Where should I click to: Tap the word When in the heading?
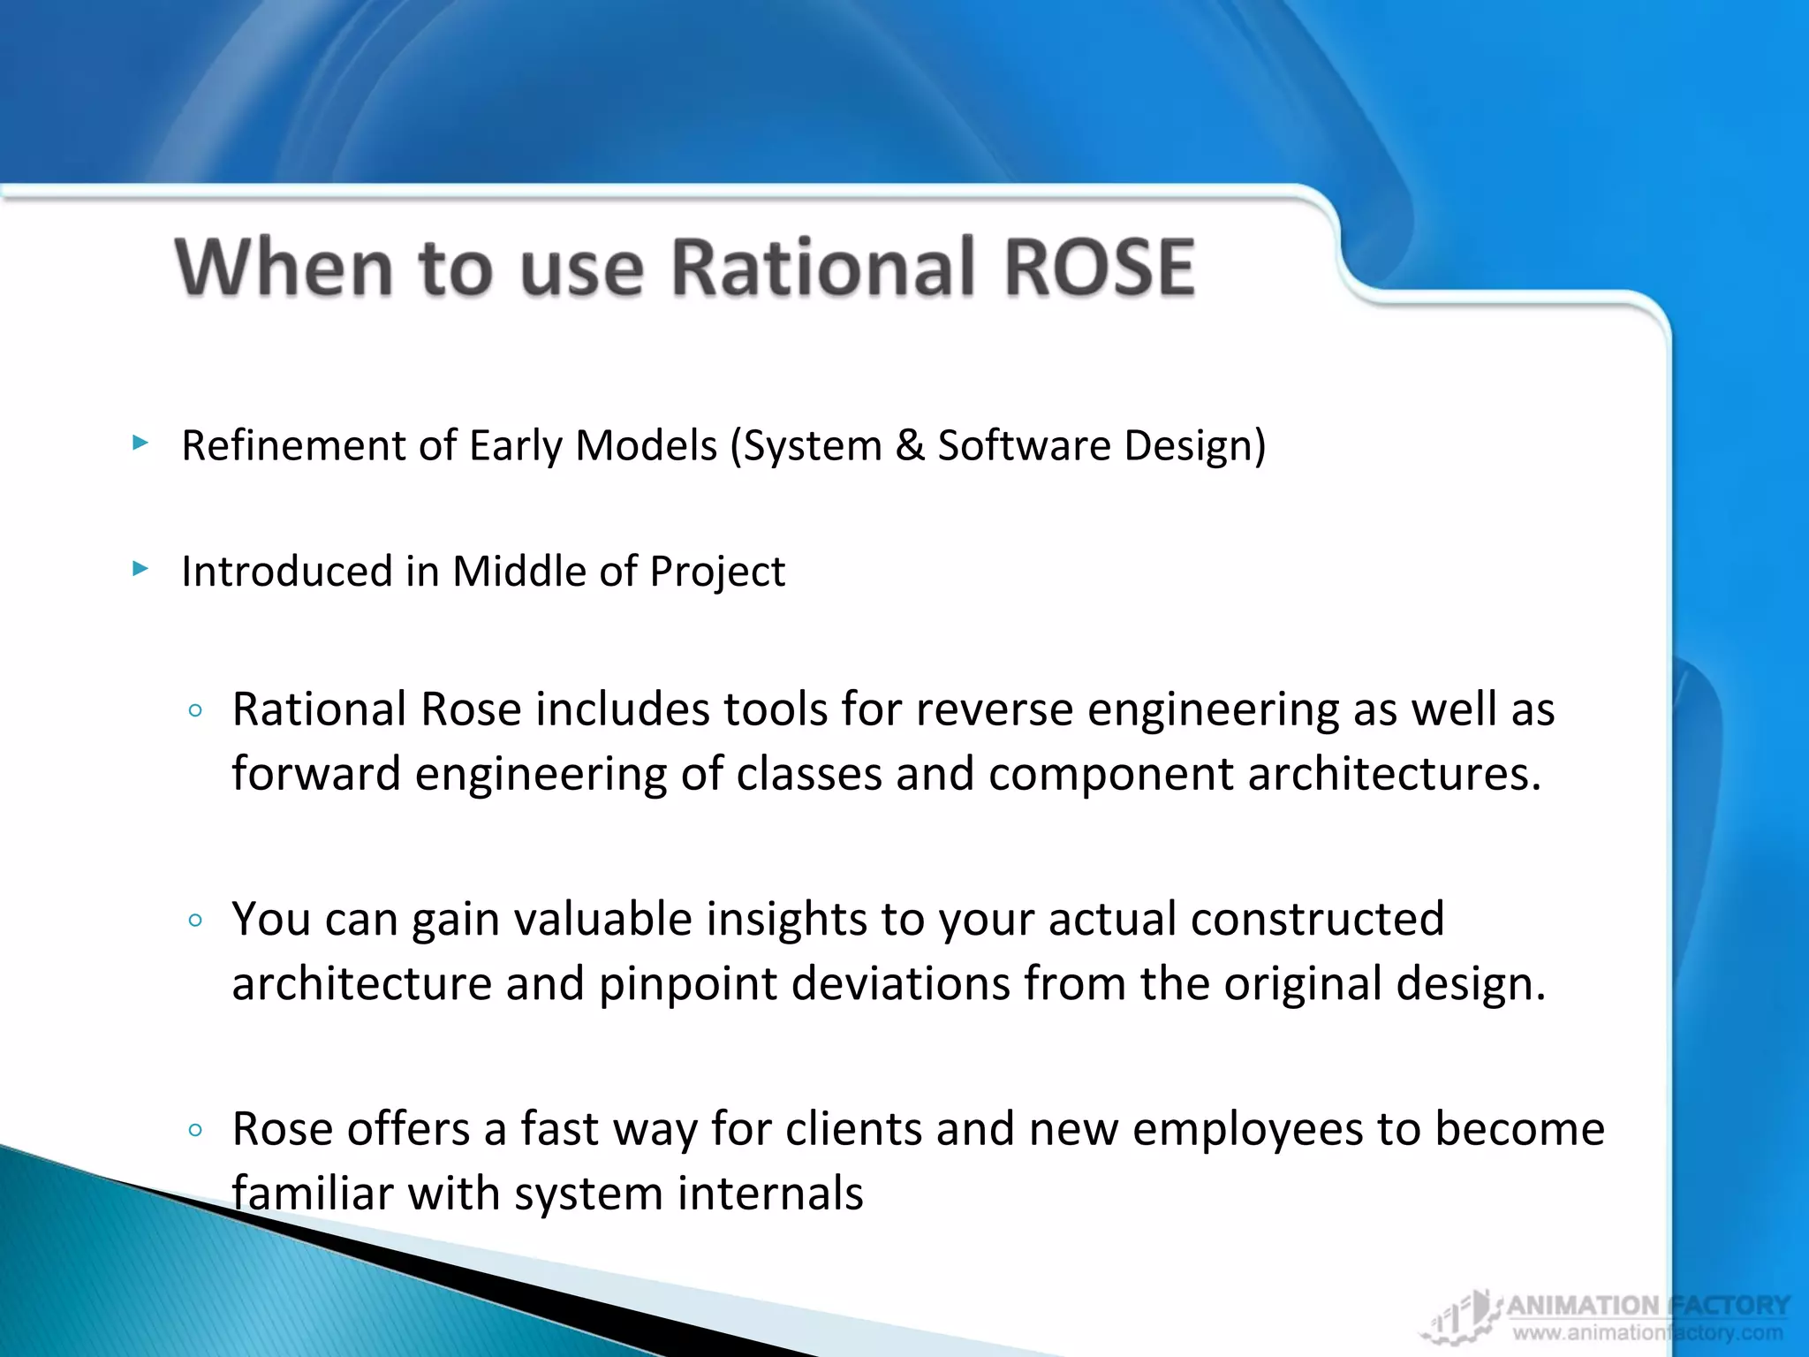click(284, 267)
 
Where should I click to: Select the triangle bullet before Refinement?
click(140, 442)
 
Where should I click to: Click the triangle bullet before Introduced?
click(140, 568)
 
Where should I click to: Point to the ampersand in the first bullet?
click(909, 444)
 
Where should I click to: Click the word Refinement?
click(292, 444)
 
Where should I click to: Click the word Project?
click(716, 572)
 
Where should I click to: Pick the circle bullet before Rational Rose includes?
click(196, 710)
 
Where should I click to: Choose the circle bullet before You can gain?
click(196, 921)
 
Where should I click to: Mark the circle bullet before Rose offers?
click(196, 1130)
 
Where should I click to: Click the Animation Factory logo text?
click(1647, 1306)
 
